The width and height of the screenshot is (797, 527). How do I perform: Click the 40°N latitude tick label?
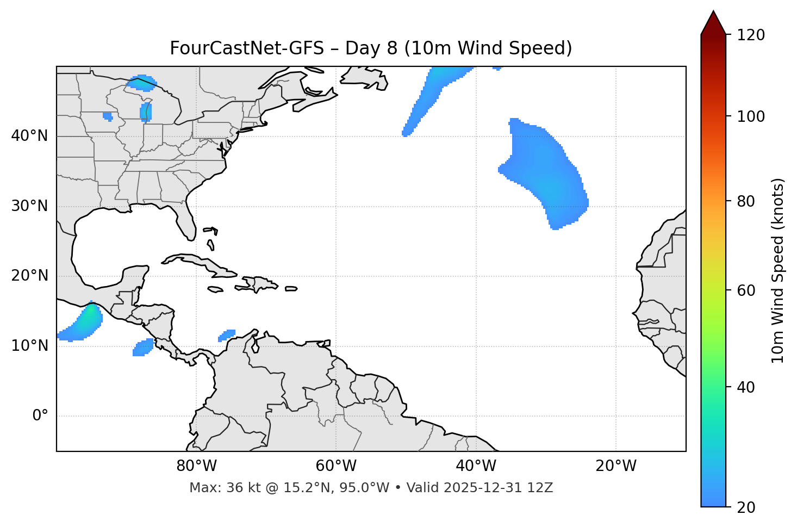29,136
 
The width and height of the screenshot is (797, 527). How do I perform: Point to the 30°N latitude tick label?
29,206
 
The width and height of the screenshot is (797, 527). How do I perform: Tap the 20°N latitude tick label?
29,276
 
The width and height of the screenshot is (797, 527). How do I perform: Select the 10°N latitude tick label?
29,346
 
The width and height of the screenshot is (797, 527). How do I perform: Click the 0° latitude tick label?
40,416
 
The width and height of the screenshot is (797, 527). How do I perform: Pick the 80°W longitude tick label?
196,466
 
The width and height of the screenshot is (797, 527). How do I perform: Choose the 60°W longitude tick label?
336,466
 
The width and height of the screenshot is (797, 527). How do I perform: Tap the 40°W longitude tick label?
476,466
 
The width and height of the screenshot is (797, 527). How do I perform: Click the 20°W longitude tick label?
616,466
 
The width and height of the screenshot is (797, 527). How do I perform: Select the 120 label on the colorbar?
751,35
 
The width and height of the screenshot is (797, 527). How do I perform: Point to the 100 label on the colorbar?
751,116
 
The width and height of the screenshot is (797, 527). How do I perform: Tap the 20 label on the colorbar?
746,507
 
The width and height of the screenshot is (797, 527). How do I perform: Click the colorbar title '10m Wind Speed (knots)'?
778,270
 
